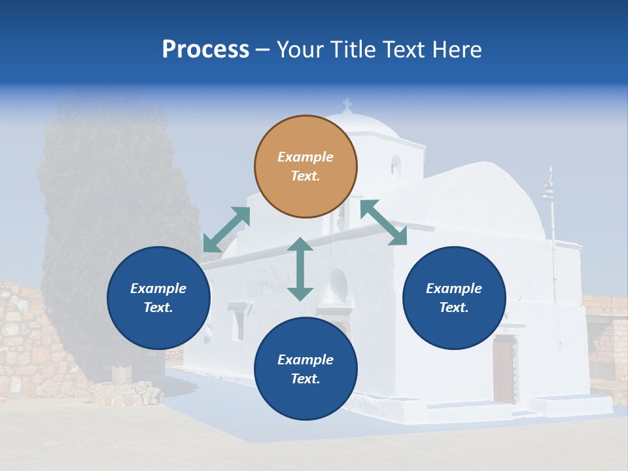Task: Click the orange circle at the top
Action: click(x=305, y=166)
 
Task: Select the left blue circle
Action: click(x=158, y=298)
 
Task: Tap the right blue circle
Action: click(x=454, y=298)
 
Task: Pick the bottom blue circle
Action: click(x=305, y=369)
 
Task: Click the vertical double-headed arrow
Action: click(x=300, y=269)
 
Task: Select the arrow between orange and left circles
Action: click(x=226, y=230)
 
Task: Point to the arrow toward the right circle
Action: click(x=383, y=222)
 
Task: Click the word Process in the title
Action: click(x=205, y=49)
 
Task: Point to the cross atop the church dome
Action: click(x=347, y=104)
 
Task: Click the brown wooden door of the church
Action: click(x=503, y=369)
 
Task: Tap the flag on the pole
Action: click(x=547, y=190)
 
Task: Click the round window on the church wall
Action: click(x=338, y=283)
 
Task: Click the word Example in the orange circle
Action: click(x=305, y=157)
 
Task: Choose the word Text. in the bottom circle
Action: click(x=305, y=379)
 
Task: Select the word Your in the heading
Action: click(x=299, y=49)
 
